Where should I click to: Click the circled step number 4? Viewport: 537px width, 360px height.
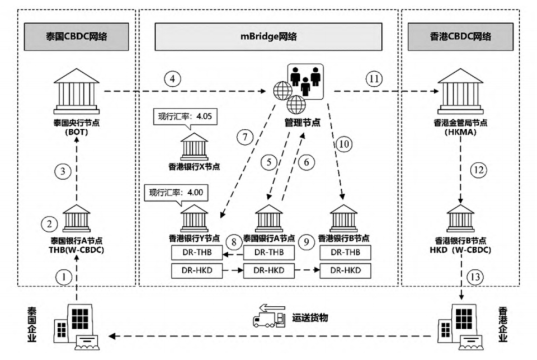point(173,78)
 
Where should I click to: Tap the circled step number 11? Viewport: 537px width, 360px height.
point(374,78)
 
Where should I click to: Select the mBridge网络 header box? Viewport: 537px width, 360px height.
point(268,37)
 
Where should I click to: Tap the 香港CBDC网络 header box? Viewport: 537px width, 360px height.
point(459,37)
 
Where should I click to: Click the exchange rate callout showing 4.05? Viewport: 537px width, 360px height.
point(185,118)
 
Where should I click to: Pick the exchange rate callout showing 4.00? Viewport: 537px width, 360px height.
point(176,193)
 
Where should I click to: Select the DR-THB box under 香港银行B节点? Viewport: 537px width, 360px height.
point(345,253)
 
